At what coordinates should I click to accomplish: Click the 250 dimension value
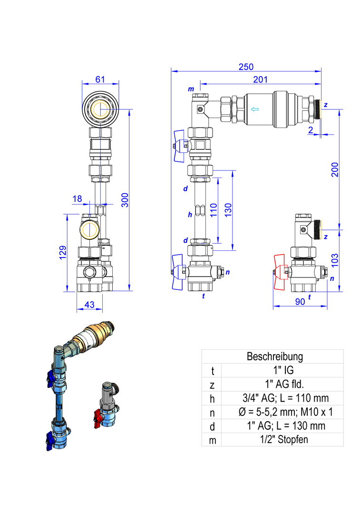tap(246, 67)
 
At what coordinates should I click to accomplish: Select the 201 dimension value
tap(260, 80)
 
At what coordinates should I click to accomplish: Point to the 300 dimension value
tap(125, 202)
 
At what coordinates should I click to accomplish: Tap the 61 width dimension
tap(100, 79)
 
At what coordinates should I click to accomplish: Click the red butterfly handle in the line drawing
tap(280, 272)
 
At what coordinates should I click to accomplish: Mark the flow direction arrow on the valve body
tap(255, 110)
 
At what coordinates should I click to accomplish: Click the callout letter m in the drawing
tap(191, 89)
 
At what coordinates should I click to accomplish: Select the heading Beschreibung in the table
tap(274, 356)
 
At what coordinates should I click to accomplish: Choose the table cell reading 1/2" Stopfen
tap(282, 439)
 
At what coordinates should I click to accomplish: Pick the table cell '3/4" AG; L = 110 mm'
tap(282, 398)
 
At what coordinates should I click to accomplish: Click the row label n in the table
tap(212, 413)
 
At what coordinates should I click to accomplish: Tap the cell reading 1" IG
tap(282, 370)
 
